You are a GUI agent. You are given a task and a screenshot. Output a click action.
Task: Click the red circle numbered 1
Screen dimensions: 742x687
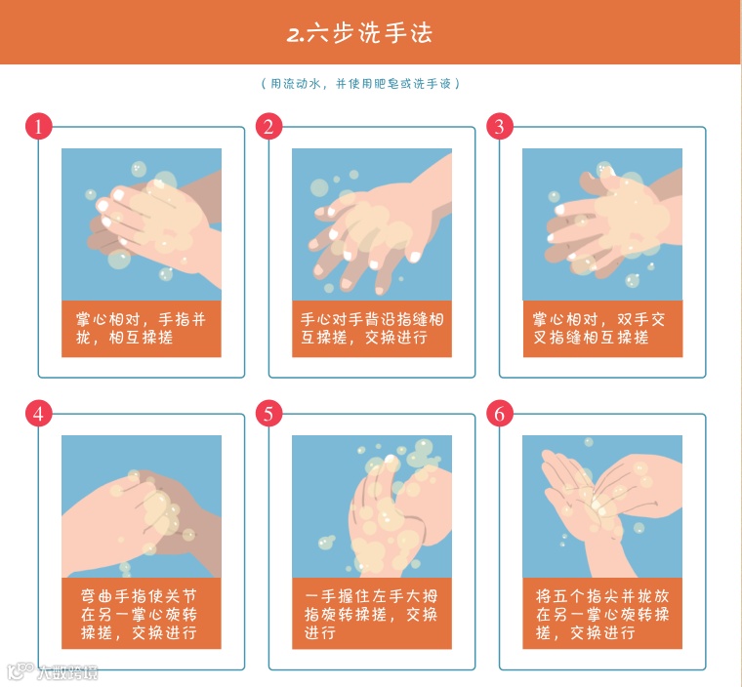click(x=38, y=126)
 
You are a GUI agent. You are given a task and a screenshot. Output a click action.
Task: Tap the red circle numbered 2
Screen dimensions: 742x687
click(x=268, y=126)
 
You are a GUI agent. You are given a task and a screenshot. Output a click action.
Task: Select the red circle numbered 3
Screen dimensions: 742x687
click(x=500, y=126)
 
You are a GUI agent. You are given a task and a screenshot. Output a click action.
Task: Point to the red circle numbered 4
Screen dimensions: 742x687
click(x=38, y=414)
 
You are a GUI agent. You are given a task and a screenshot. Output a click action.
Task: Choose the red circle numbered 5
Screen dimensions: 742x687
click(x=268, y=414)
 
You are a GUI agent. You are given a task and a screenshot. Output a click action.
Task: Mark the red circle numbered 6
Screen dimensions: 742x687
click(x=500, y=414)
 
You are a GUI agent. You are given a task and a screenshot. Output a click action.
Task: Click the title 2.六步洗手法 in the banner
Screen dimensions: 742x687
click(x=359, y=33)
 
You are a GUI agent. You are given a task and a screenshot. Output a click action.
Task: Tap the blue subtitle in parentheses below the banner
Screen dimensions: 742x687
click(x=360, y=84)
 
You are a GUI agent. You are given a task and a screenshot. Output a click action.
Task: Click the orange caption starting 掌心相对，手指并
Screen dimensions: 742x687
click(x=141, y=328)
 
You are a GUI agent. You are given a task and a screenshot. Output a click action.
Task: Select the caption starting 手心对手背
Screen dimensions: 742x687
click(x=371, y=328)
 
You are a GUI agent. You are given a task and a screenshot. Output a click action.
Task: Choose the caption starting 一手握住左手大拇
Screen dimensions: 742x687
click(x=371, y=613)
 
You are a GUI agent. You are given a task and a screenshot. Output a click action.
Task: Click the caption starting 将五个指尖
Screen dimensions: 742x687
click(x=602, y=613)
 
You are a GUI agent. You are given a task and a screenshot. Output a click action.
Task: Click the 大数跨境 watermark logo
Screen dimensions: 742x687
click(x=53, y=671)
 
